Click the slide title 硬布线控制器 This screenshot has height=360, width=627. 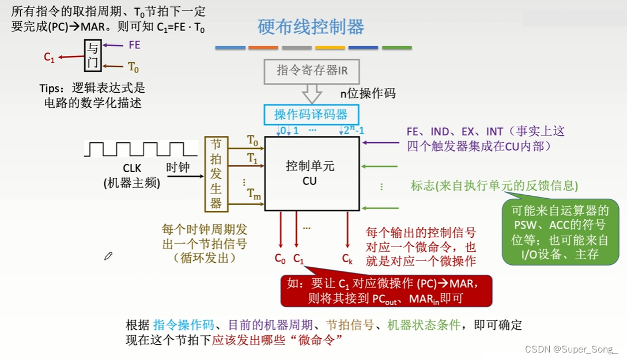coord(311,26)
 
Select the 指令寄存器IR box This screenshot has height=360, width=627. coord(312,71)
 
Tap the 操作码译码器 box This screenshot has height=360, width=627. coord(312,114)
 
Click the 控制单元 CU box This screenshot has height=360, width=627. coord(312,173)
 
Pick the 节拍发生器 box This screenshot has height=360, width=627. coord(216,173)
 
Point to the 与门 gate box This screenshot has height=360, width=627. coord(92,55)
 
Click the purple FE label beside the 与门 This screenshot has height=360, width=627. coord(134,45)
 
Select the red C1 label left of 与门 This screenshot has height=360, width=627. coord(49,57)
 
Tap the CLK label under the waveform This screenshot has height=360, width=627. coord(131,169)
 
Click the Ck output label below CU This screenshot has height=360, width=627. coord(347,259)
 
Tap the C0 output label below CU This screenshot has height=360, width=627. coord(280,259)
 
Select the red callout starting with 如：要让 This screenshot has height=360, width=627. coord(386,290)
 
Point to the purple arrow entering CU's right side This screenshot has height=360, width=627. coord(380,142)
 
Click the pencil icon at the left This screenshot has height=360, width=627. coord(108,255)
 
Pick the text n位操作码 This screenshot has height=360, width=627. coord(368,93)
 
